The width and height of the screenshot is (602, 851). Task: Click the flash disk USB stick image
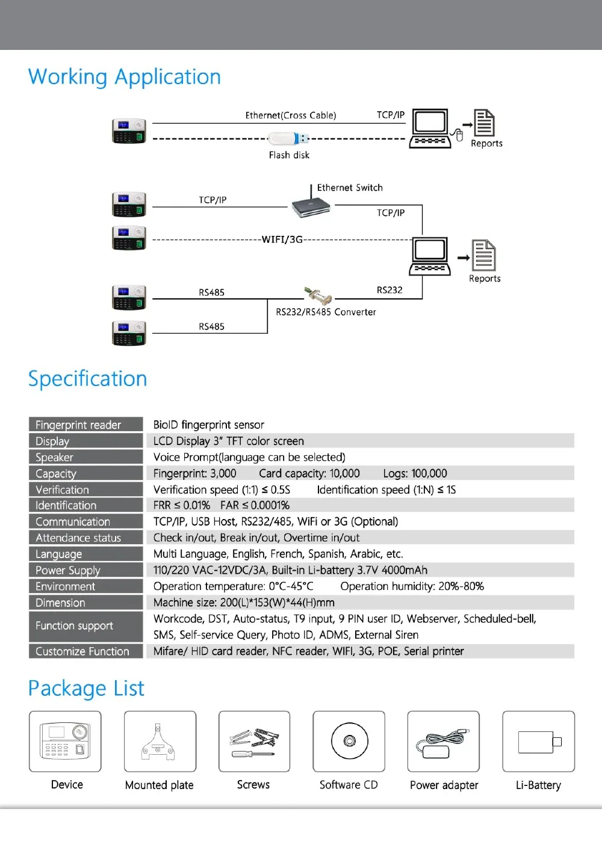point(288,139)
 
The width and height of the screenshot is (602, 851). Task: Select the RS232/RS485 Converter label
point(326,312)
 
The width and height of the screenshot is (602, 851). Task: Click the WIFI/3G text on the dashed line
point(282,239)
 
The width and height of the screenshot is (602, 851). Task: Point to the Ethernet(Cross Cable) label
point(291,115)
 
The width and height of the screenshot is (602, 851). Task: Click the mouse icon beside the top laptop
point(459,135)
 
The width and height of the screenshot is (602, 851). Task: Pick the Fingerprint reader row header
point(86,425)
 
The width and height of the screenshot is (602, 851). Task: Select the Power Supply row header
point(86,570)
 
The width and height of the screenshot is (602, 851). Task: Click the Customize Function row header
point(86,651)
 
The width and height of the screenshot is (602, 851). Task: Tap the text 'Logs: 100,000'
point(415,473)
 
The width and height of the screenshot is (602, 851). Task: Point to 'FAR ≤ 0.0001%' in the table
point(255,505)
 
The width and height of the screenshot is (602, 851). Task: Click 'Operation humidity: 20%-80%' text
point(412,586)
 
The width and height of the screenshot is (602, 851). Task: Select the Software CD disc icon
point(350,741)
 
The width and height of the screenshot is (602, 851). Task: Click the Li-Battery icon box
point(539,741)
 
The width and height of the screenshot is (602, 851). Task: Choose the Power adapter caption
point(444,785)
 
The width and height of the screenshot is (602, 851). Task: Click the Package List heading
point(86,688)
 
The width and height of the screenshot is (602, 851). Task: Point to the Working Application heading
point(125,77)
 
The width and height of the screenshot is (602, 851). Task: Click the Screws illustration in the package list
point(255,742)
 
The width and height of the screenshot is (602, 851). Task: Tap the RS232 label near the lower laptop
point(389,290)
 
